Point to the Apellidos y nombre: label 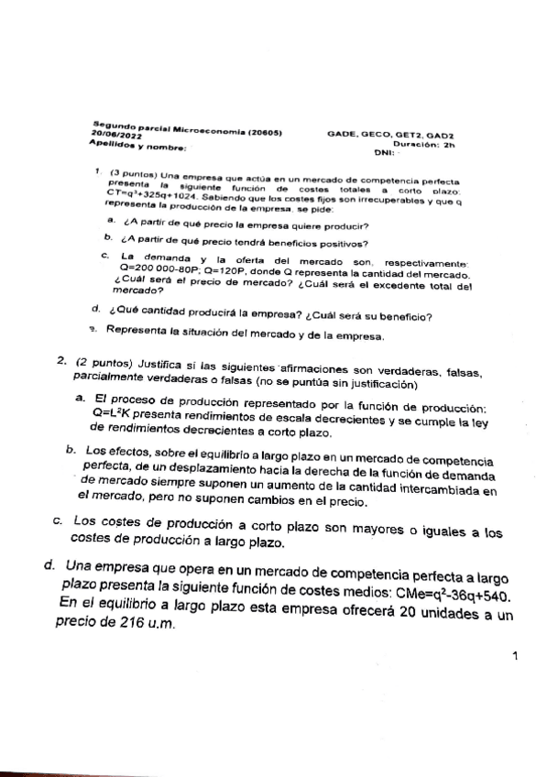[x=137, y=145]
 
